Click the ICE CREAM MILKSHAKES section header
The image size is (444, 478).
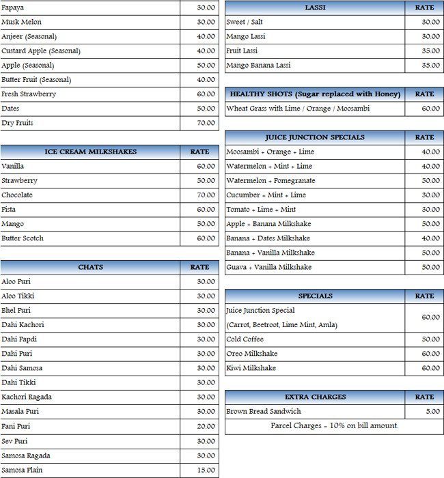point(90,152)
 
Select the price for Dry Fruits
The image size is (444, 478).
point(206,123)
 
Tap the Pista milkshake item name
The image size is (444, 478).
point(9,209)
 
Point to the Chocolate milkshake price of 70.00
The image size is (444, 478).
point(206,195)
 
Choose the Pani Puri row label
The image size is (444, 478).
point(16,426)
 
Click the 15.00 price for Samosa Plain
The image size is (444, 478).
point(206,470)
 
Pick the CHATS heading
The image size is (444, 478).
point(90,267)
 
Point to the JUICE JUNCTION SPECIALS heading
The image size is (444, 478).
point(315,137)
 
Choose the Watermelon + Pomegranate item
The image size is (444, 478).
point(270,180)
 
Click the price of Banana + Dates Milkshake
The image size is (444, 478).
point(430,238)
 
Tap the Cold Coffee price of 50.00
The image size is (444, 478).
point(430,339)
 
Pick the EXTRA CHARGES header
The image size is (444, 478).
point(315,397)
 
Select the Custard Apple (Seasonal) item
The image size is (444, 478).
point(41,51)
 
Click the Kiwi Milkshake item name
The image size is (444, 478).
point(251,368)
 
